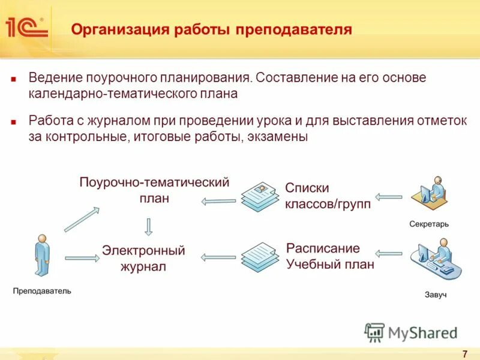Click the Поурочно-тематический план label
click(154, 190)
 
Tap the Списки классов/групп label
click(328, 196)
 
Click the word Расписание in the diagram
click(323, 248)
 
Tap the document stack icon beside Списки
click(260, 196)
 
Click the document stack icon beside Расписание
click(260, 256)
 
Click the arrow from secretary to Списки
click(389, 196)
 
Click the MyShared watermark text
click(422, 332)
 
